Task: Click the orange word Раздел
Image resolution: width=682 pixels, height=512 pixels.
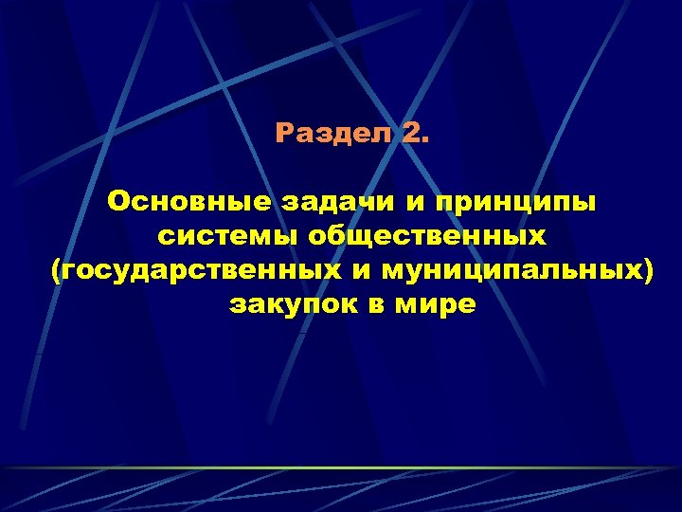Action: (332, 134)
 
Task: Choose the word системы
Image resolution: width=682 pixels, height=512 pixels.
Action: (219, 237)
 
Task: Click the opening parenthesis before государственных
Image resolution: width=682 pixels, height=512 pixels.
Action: (55, 272)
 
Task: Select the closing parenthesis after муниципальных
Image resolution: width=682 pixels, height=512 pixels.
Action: (649, 272)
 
